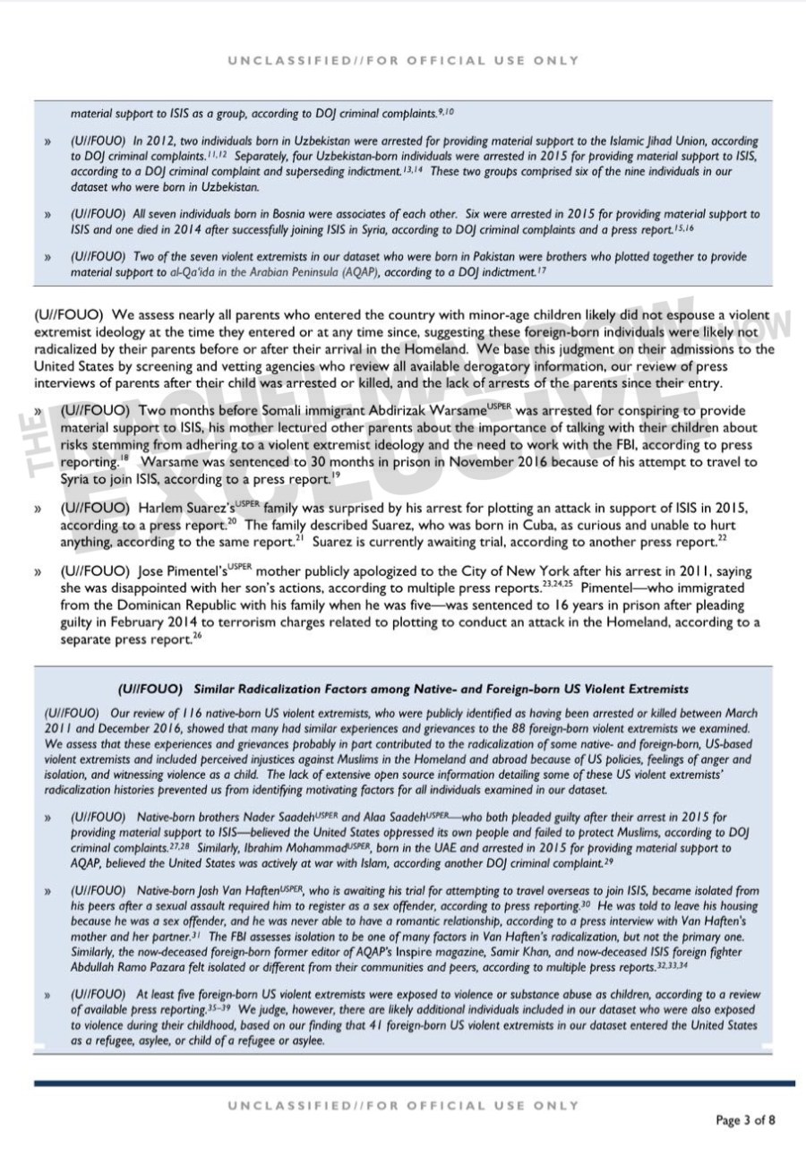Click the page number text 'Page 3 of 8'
[745, 1120]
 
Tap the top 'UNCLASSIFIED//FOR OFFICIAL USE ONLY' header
[403, 61]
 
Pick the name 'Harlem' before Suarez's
[161, 508]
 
